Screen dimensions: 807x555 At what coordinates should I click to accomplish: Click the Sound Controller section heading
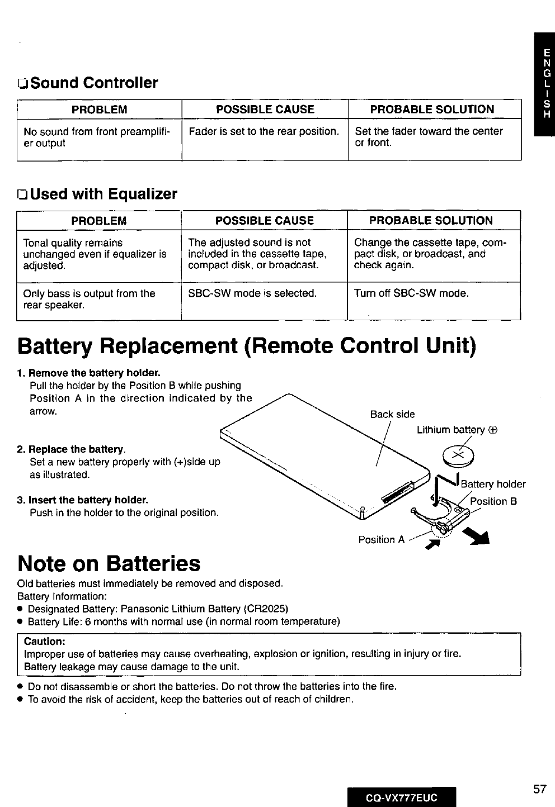pyautogui.click(x=88, y=83)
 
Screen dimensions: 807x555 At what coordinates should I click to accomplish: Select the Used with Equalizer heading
pyautogui.click(x=97, y=194)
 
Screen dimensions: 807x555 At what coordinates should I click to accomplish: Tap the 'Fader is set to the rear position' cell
pyautogui.click(x=264, y=131)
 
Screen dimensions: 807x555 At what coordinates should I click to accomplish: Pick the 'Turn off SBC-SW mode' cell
pyautogui.click(x=411, y=293)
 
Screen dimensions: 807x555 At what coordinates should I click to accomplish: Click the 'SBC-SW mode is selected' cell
pyautogui.click(x=252, y=293)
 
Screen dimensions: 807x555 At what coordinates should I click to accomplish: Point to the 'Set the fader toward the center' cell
pyautogui.click(x=429, y=137)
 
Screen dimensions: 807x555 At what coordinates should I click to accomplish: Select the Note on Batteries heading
pyautogui.click(x=109, y=563)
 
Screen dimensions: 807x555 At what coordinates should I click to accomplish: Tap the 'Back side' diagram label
pyautogui.click(x=392, y=414)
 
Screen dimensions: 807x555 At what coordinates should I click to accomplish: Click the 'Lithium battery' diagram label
pyautogui.click(x=457, y=430)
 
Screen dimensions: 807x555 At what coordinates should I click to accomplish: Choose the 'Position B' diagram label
pyautogui.click(x=493, y=501)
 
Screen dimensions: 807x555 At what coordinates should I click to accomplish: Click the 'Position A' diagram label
pyautogui.click(x=381, y=539)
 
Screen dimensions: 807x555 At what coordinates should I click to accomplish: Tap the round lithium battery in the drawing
pyautogui.click(x=458, y=457)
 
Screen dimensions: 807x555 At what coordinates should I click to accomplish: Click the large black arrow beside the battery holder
pyautogui.click(x=479, y=537)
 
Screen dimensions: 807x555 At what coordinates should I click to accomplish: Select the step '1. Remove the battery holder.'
pyautogui.click(x=89, y=373)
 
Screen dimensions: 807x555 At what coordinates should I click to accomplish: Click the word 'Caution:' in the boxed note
pyautogui.click(x=45, y=642)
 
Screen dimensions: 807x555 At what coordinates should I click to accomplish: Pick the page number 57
pyautogui.click(x=539, y=789)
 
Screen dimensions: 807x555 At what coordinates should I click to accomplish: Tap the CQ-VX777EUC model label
pyautogui.click(x=401, y=797)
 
